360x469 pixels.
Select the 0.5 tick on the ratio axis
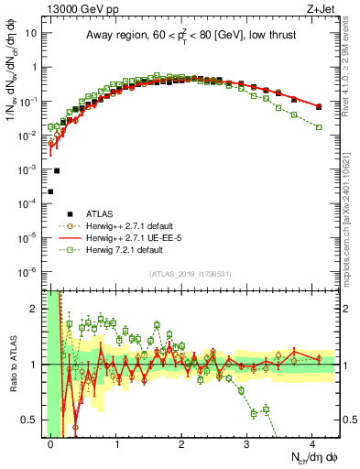point(28,420)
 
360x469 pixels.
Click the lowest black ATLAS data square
point(50,191)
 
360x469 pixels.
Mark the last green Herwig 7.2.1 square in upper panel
point(319,126)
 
